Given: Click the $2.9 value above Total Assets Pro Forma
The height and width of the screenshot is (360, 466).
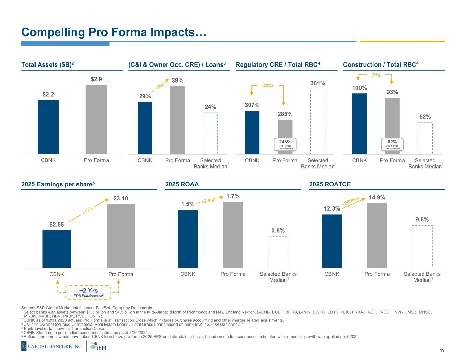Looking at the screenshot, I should (96, 79).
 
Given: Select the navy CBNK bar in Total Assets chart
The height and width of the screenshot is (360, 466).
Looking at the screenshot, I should (48, 127).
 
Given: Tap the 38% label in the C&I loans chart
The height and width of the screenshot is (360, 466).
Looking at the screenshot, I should (178, 81).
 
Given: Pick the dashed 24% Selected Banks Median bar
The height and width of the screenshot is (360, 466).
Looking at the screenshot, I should (210, 133).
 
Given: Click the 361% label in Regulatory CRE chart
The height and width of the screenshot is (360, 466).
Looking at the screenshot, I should (317, 83).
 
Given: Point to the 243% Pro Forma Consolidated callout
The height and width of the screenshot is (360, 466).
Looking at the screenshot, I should (285, 144).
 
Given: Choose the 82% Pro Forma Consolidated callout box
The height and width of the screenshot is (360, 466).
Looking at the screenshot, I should (392, 144).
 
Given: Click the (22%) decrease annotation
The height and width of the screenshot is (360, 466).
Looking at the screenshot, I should (267, 86).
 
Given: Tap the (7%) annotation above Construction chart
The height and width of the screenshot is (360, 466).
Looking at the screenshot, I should (376, 74).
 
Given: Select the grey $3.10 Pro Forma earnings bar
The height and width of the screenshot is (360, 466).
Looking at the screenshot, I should (121, 236).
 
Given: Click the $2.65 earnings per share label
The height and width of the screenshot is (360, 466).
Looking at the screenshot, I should (57, 224).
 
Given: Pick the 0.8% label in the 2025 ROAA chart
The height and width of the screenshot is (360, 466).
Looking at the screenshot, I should (278, 231).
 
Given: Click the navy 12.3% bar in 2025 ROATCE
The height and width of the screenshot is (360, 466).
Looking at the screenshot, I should (332, 241).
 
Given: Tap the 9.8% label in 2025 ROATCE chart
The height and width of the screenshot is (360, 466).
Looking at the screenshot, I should (422, 219).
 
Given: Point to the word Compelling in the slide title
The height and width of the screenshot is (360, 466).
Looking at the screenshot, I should (53, 32).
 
